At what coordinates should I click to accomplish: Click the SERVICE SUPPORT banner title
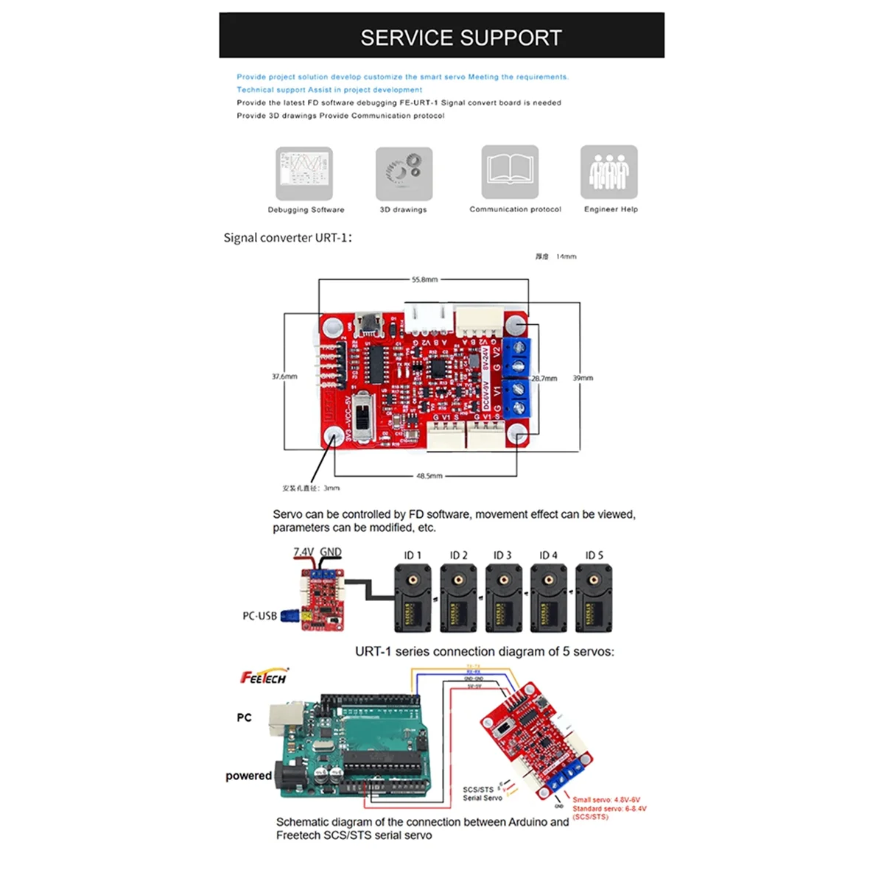coord(460,38)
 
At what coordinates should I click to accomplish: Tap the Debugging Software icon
coord(304,173)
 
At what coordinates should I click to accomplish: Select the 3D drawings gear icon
coord(404,173)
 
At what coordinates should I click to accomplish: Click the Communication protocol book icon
coord(510,172)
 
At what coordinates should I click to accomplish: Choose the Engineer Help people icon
coord(608,172)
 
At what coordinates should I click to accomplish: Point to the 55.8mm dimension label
coord(424,280)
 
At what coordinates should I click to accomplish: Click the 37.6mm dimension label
coord(284,376)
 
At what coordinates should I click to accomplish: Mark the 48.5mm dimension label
coord(429,476)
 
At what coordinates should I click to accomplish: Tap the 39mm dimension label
coord(583,378)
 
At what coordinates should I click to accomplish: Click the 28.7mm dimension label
coord(544,378)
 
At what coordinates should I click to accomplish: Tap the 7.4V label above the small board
coord(304,552)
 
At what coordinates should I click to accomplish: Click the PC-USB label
coord(259,616)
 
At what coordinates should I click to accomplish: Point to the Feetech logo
coord(263,677)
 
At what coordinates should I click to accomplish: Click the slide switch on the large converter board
coord(362,416)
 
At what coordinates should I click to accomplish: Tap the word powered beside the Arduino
coord(248,776)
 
